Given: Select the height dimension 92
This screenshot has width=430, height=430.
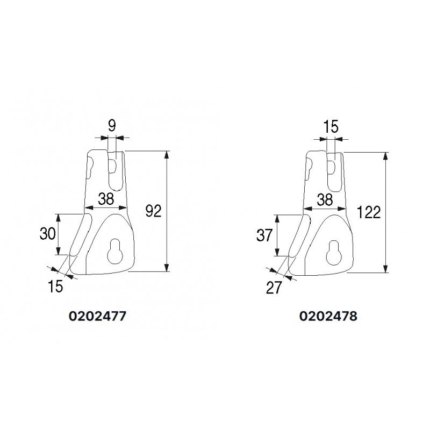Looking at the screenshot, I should click(154, 211).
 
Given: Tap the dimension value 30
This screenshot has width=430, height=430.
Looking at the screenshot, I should click(48, 234).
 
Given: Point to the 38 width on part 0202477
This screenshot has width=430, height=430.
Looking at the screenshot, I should click(106, 199).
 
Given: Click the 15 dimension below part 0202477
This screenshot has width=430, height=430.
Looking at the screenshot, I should click(55, 286).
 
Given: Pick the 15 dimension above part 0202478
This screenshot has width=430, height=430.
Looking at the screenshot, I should click(331, 127).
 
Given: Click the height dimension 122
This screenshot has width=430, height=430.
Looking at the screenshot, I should click(369, 212).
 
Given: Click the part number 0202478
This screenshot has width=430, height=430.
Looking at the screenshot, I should click(328, 317).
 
